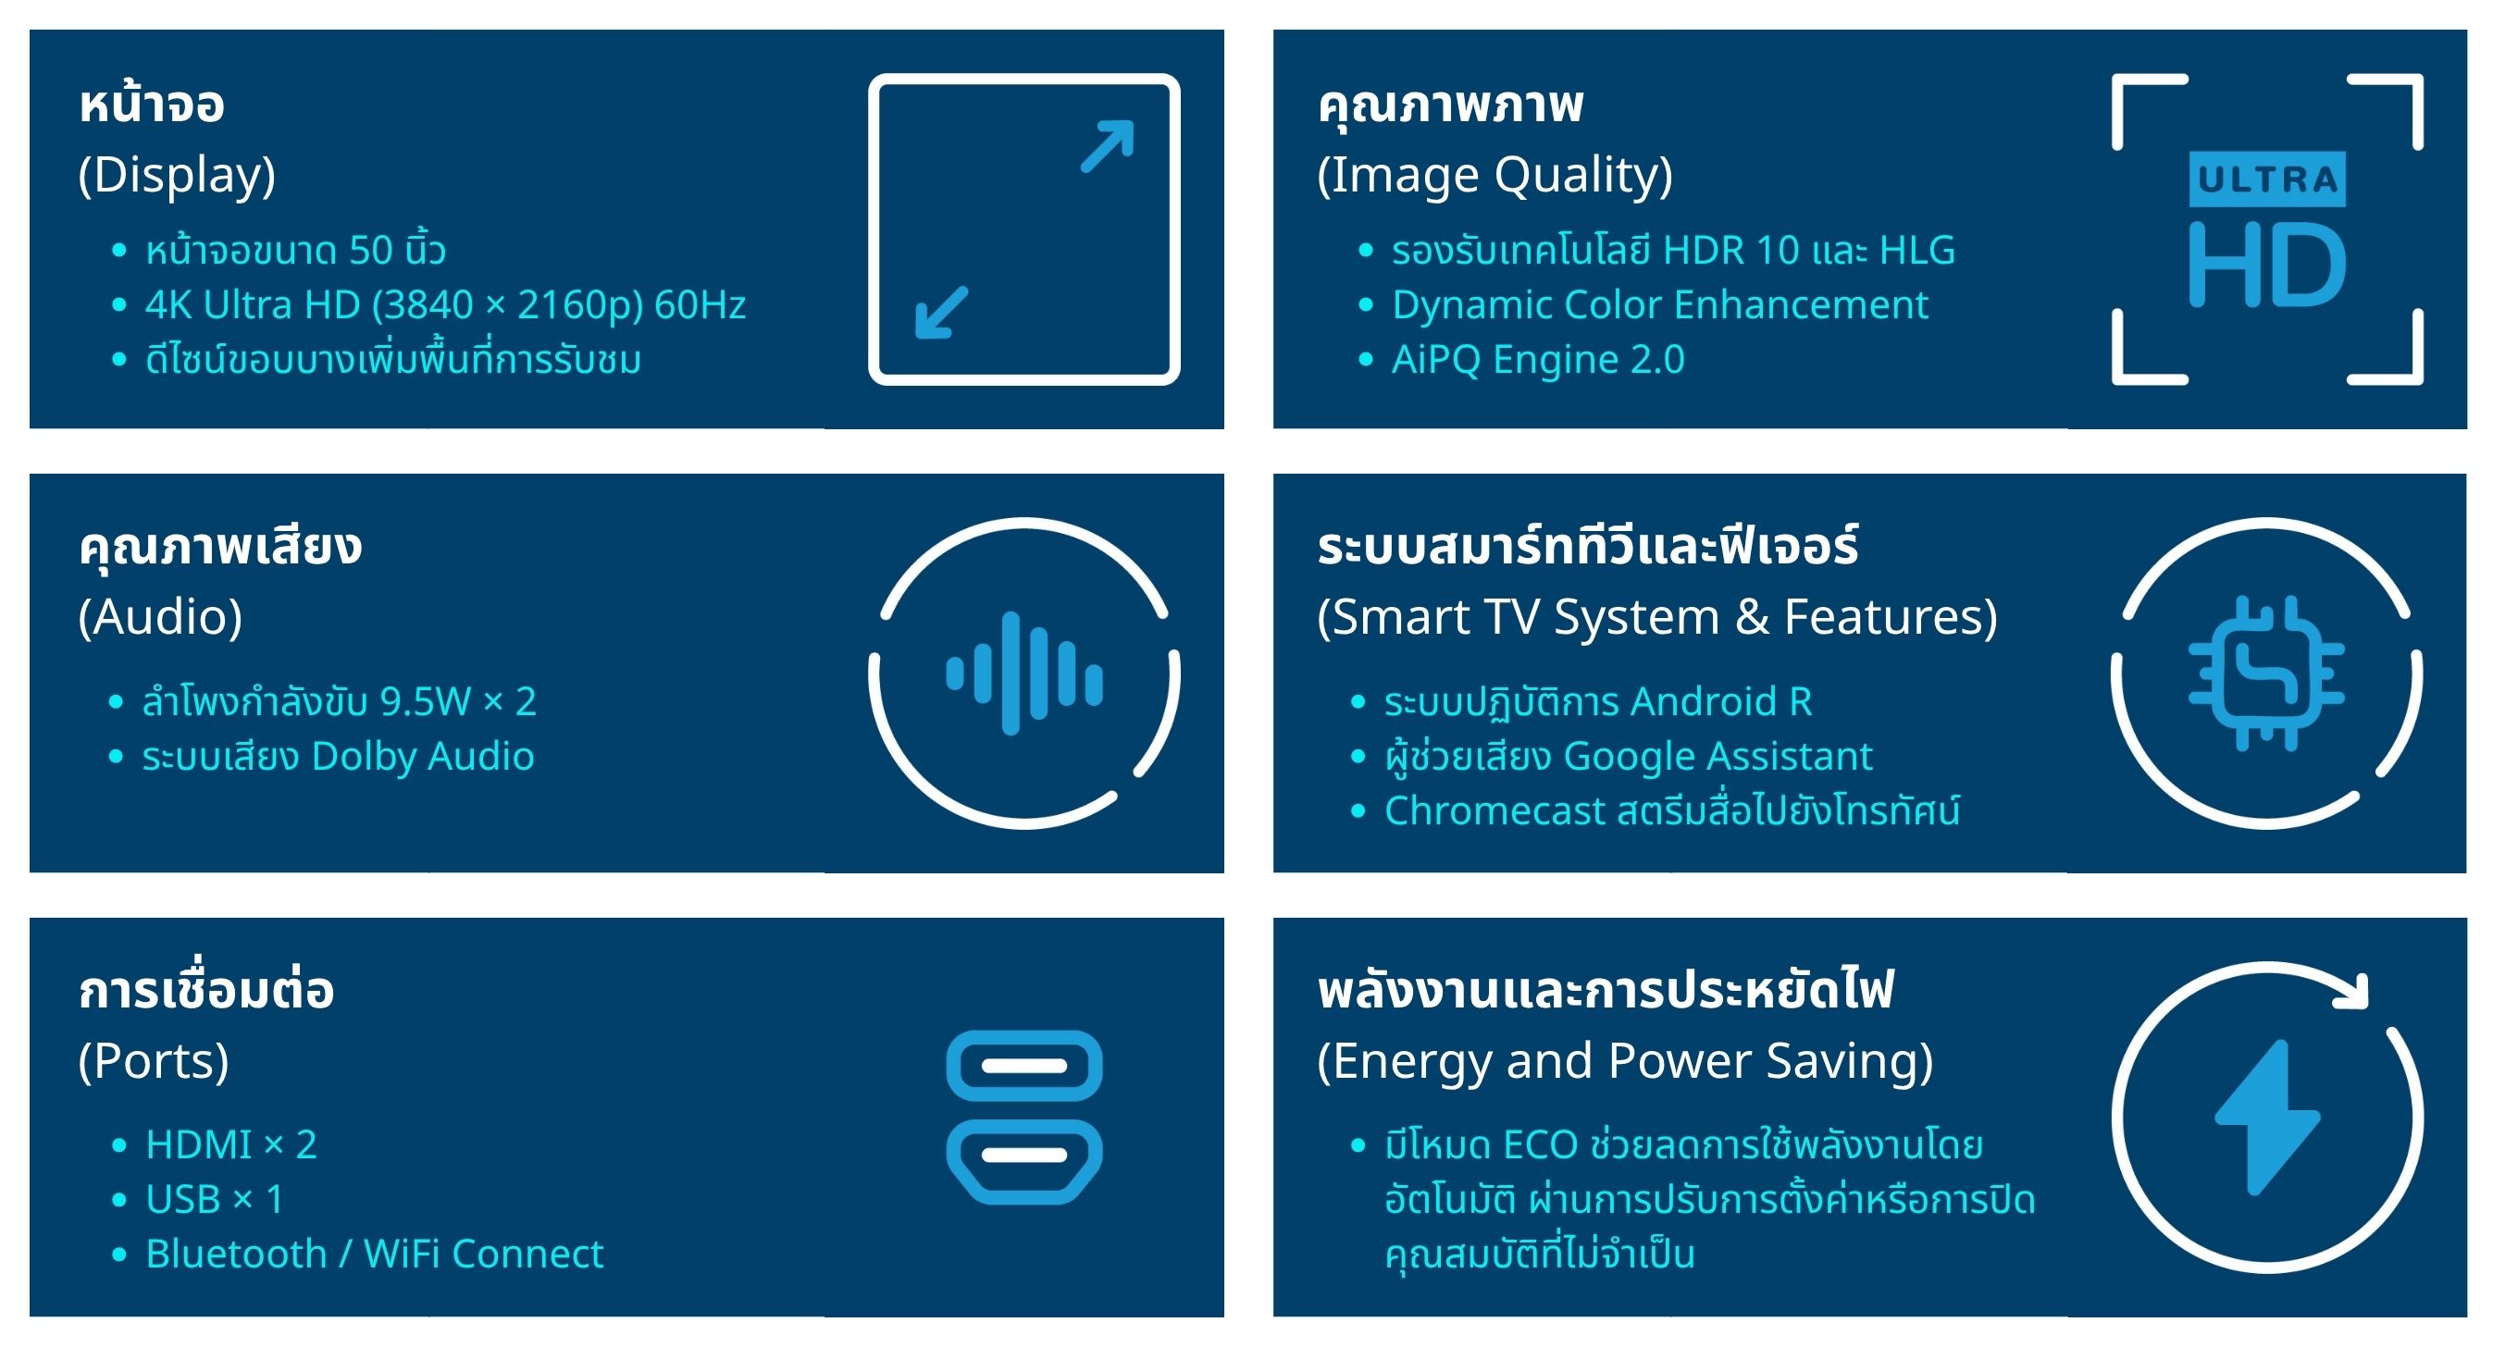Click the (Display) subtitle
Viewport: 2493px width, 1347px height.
(x=177, y=175)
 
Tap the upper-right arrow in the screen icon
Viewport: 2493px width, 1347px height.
(x=1107, y=146)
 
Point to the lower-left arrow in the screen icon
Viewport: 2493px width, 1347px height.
(x=942, y=312)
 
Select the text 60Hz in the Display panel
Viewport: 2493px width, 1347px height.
(x=701, y=304)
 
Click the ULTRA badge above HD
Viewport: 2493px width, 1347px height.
(x=2266, y=179)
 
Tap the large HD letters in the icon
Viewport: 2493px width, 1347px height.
(x=2266, y=265)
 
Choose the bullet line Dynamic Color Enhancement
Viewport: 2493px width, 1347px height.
(x=1660, y=304)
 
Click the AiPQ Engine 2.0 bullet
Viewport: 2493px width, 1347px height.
(x=1538, y=360)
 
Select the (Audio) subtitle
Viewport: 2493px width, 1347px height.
(x=161, y=617)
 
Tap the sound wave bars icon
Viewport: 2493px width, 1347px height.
(x=1023, y=673)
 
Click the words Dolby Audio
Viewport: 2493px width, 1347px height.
(x=423, y=757)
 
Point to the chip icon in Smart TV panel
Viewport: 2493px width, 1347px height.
(x=2266, y=673)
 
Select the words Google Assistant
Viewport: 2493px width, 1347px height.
(x=1718, y=757)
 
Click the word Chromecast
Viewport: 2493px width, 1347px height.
(x=1495, y=811)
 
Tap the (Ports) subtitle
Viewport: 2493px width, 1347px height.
(x=154, y=1061)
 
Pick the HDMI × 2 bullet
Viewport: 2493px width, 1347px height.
(x=231, y=1144)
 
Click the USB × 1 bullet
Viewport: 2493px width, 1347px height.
(x=215, y=1200)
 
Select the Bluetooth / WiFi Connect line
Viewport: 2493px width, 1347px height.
(x=375, y=1254)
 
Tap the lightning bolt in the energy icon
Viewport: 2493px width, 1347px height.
(x=2266, y=1118)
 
